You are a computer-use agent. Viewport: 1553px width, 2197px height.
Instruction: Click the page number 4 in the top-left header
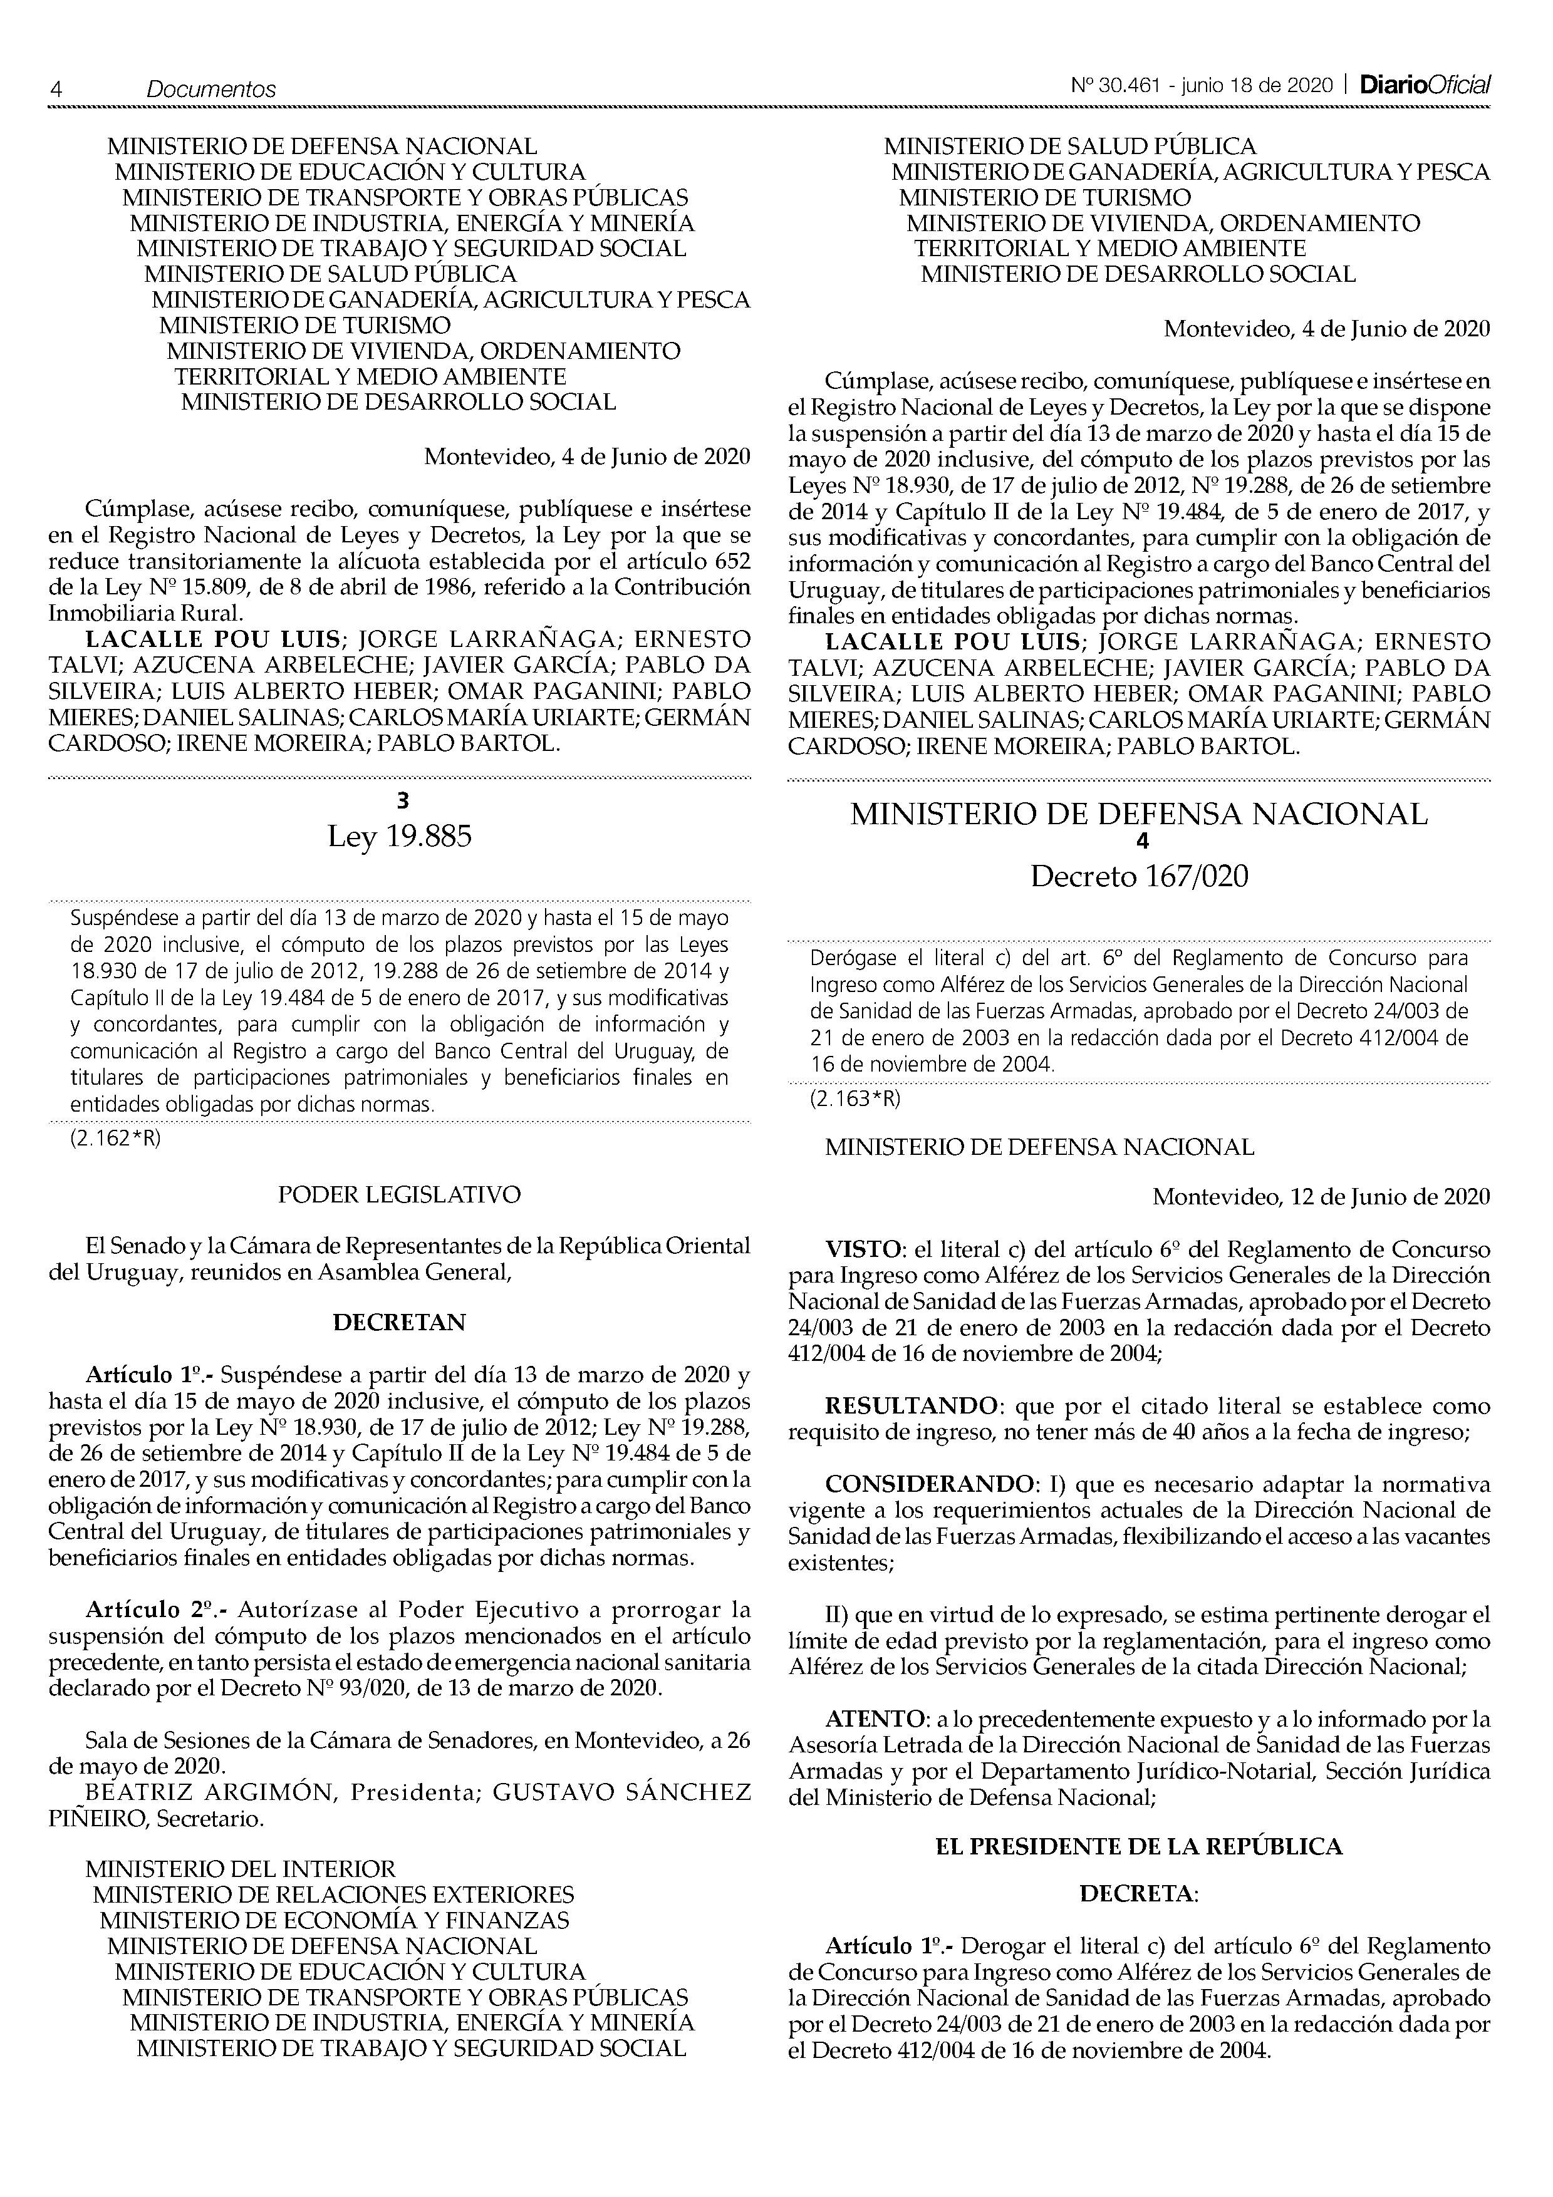click(56, 89)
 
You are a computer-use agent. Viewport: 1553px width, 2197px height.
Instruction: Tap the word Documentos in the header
click(210, 89)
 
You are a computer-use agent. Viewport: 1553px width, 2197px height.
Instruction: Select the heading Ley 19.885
click(400, 837)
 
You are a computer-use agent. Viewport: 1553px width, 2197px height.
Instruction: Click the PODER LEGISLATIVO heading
click(400, 1194)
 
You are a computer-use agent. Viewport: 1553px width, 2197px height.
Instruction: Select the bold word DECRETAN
click(400, 1323)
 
